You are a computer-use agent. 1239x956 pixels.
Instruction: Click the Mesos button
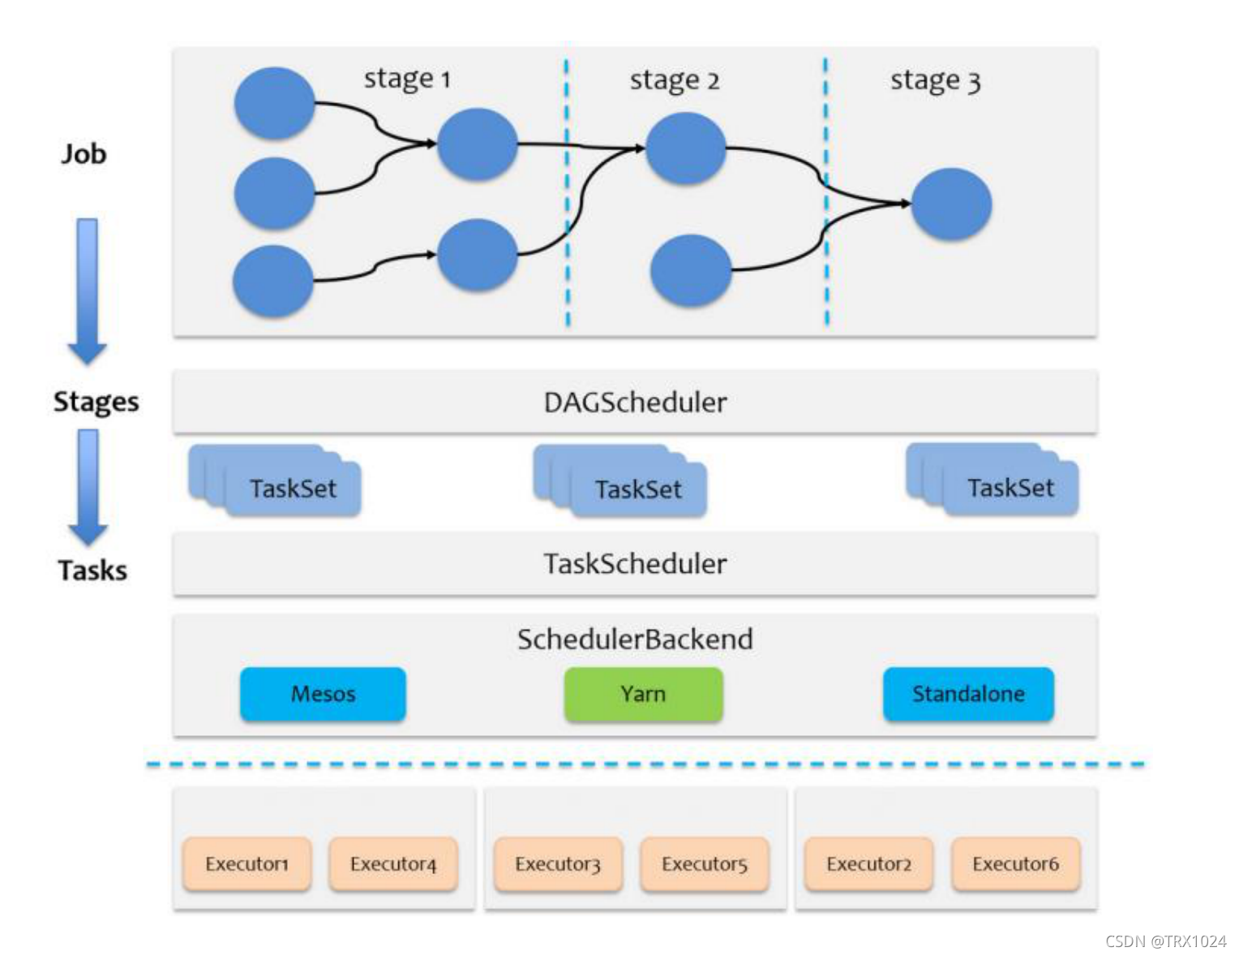323,694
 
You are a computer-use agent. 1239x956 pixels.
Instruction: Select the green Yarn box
643,694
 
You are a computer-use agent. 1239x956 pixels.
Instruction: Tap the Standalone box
968,694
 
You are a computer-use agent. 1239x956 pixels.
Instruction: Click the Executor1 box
247,864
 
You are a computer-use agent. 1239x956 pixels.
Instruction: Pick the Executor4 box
393,864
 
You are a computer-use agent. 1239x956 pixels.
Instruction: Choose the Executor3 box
558,864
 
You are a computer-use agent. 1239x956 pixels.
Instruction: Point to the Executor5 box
704,864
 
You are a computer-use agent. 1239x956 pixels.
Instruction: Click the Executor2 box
868,864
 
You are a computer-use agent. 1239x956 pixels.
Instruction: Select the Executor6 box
1015,864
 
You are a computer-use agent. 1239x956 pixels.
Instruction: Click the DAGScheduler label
635,403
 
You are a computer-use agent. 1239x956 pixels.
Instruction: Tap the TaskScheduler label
635,564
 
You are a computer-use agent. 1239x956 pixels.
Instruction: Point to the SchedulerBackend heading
635,639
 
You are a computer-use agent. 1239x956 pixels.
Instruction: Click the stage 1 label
406,79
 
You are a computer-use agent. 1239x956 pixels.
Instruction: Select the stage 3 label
935,80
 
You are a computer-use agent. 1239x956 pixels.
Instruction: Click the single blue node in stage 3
951,205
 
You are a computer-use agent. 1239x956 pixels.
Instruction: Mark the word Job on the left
84,153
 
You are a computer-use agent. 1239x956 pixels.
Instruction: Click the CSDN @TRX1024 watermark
1165,941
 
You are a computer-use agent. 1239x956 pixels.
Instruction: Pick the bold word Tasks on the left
92,571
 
